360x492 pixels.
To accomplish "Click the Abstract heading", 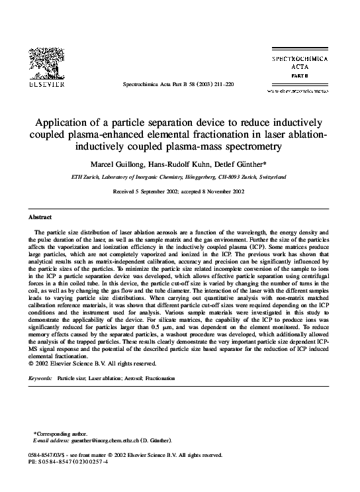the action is (40, 217).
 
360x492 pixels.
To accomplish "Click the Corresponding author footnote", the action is (62, 434).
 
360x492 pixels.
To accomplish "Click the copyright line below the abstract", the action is (93, 364).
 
